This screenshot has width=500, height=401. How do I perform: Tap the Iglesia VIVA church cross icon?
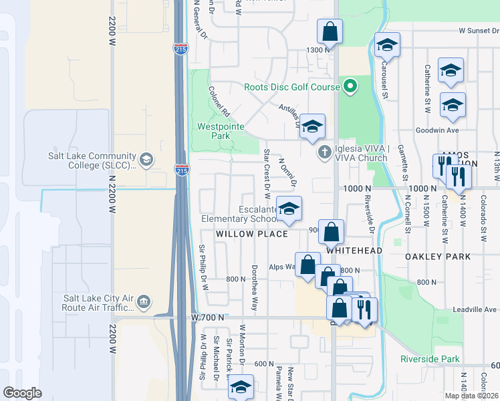tap(325, 152)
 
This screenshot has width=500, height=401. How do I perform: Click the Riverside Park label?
tap(430, 359)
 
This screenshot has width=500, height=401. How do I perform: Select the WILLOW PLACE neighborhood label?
tap(251, 234)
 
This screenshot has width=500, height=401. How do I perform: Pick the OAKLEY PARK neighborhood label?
tap(438, 256)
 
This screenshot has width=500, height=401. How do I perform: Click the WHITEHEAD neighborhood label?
tap(354, 250)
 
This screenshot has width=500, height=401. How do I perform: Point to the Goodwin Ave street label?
tap(437, 130)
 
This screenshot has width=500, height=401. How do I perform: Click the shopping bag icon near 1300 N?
tap(330, 31)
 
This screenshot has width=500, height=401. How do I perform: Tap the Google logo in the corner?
tap(23, 393)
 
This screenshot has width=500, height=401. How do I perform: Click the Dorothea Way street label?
tap(254, 291)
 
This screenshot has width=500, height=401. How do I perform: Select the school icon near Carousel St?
tap(387, 45)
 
